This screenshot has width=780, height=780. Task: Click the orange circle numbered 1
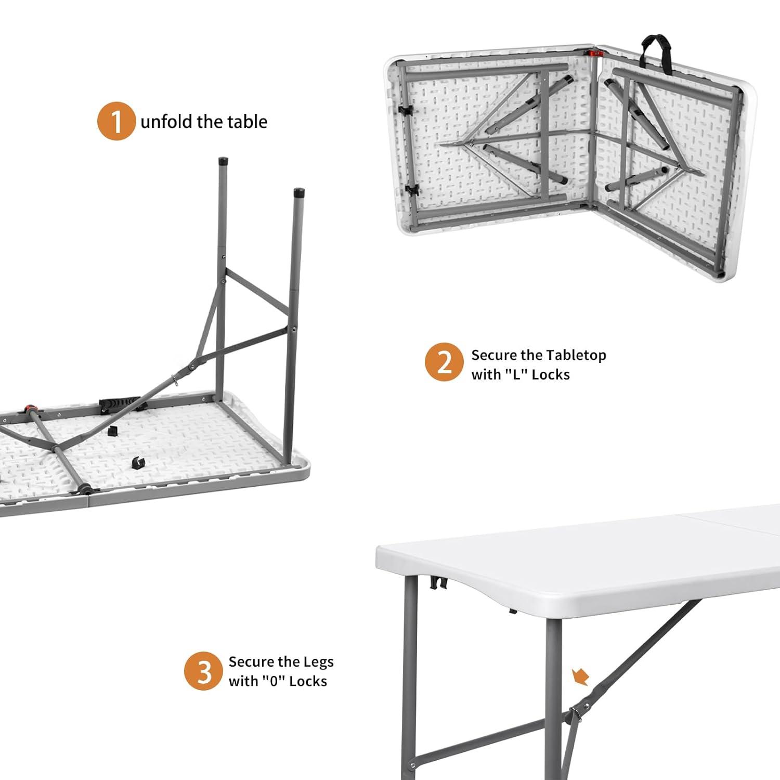[116, 121]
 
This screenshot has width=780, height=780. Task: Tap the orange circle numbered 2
[444, 362]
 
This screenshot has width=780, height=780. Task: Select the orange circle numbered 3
[203, 671]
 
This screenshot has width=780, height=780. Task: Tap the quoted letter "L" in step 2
[516, 374]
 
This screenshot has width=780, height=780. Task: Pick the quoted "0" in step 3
[273, 681]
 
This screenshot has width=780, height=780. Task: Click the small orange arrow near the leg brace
[580, 677]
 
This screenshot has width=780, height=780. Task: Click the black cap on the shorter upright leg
[299, 193]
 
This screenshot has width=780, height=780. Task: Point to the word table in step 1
[248, 122]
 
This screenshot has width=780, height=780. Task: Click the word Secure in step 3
[251, 661]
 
